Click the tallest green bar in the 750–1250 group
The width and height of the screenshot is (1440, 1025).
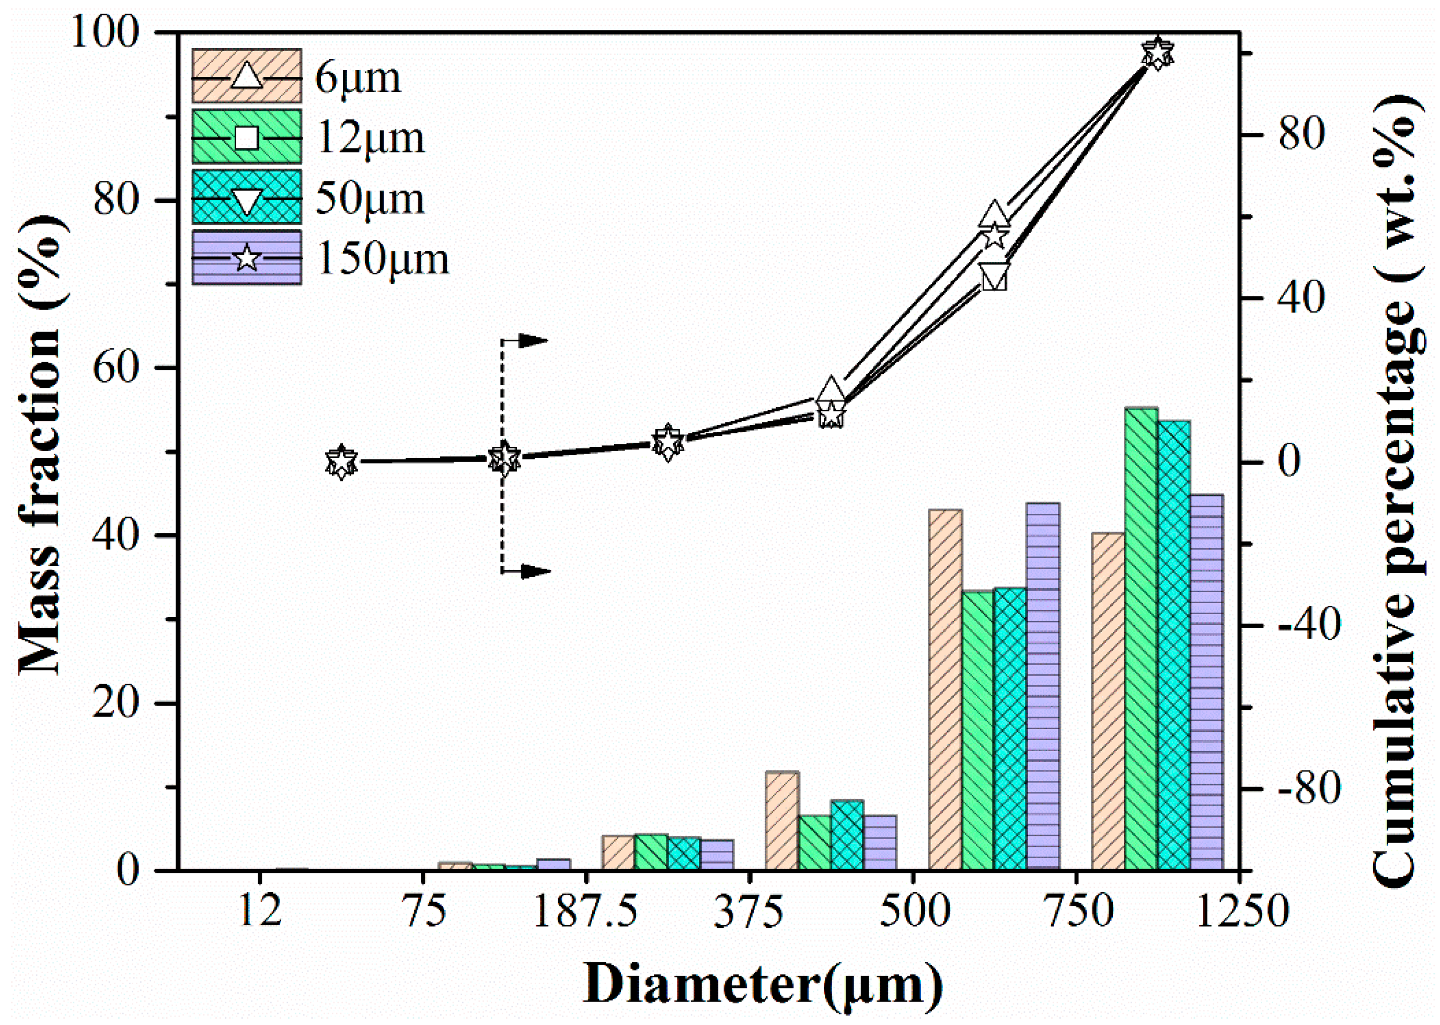1141,638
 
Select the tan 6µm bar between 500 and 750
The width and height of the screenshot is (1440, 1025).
944,688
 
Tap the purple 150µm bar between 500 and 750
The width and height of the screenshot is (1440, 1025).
1042,685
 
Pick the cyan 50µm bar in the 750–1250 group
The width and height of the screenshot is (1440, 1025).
1174,644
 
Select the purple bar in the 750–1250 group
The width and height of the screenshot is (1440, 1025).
1206,682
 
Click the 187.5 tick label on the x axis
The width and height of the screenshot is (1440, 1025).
585,913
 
